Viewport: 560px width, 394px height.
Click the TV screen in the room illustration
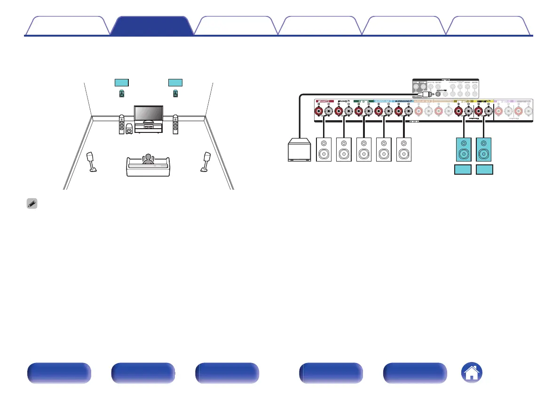click(x=149, y=114)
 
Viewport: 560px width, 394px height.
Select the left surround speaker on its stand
click(x=92, y=162)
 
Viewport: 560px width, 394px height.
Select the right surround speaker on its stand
click(x=205, y=162)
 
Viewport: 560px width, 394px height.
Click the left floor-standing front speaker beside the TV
click(x=122, y=124)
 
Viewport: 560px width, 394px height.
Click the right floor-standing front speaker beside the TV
click(x=175, y=124)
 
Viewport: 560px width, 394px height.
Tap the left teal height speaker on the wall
click(x=122, y=94)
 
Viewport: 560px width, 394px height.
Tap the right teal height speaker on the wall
click(x=175, y=94)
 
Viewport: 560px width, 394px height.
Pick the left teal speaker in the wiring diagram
click(x=464, y=149)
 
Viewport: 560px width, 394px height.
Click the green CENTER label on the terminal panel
click(x=363, y=101)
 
